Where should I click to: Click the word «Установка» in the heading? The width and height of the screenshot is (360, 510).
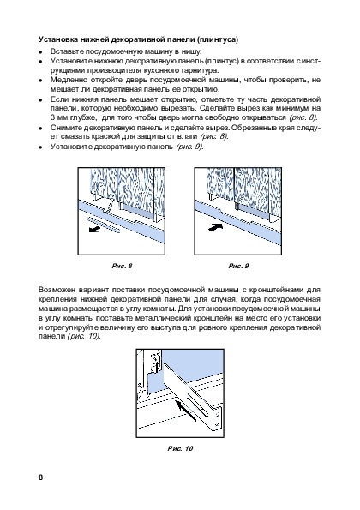click(x=54, y=39)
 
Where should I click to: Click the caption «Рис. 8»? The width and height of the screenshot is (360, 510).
click(x=122, y=266)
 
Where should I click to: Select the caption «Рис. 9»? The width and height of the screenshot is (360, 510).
click(x=238, y=266)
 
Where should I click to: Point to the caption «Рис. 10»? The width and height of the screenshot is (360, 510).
click(x=180, y=448)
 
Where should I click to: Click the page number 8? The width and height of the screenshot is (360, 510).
click(x=40, y=477)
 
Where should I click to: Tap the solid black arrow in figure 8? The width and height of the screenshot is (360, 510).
click(x=94, y=230)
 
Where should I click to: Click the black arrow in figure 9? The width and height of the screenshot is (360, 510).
click(x=215, y=226)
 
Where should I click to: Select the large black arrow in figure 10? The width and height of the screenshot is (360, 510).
click(x=186, y=411)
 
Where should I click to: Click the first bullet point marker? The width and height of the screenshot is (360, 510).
click(x=40, y=52)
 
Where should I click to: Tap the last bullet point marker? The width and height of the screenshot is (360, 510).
click(x=40, y=147)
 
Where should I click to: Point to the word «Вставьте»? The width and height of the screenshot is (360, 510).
click(x=63, y=51)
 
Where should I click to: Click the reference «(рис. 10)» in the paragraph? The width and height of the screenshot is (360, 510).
click(x=84, y=337)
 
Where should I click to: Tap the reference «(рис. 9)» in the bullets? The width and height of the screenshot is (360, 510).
click(x=189, y=147)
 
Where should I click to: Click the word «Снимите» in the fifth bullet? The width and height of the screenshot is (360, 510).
click(x=64, y=128)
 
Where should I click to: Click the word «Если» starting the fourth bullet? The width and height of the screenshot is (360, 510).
click(x=57, y=99)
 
